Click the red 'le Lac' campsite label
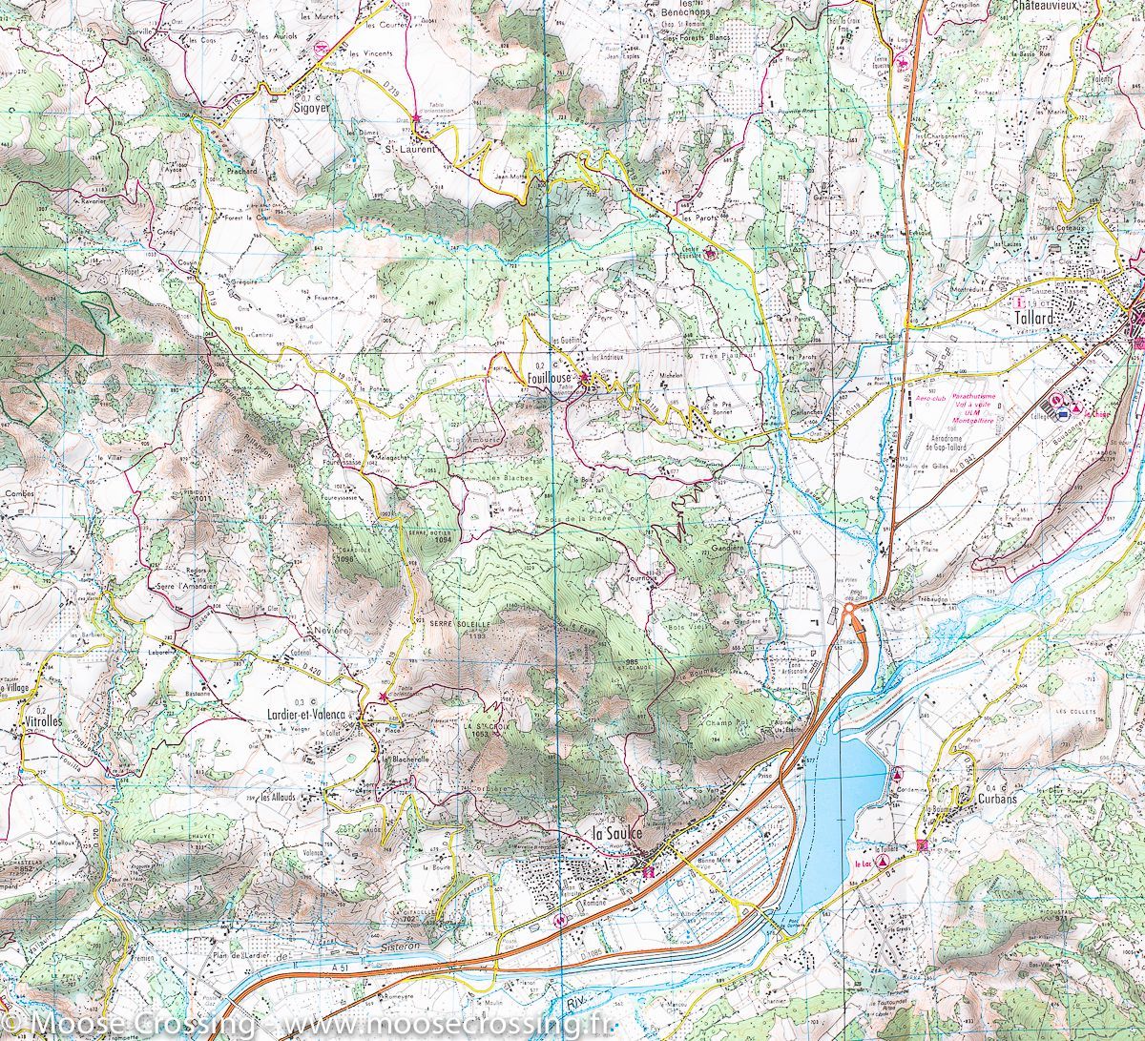coord(864,861)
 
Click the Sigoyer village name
coord(293,109)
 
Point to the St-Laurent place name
coord(408,149)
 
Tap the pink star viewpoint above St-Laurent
coord(416,116)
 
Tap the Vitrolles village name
coord(41,722)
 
